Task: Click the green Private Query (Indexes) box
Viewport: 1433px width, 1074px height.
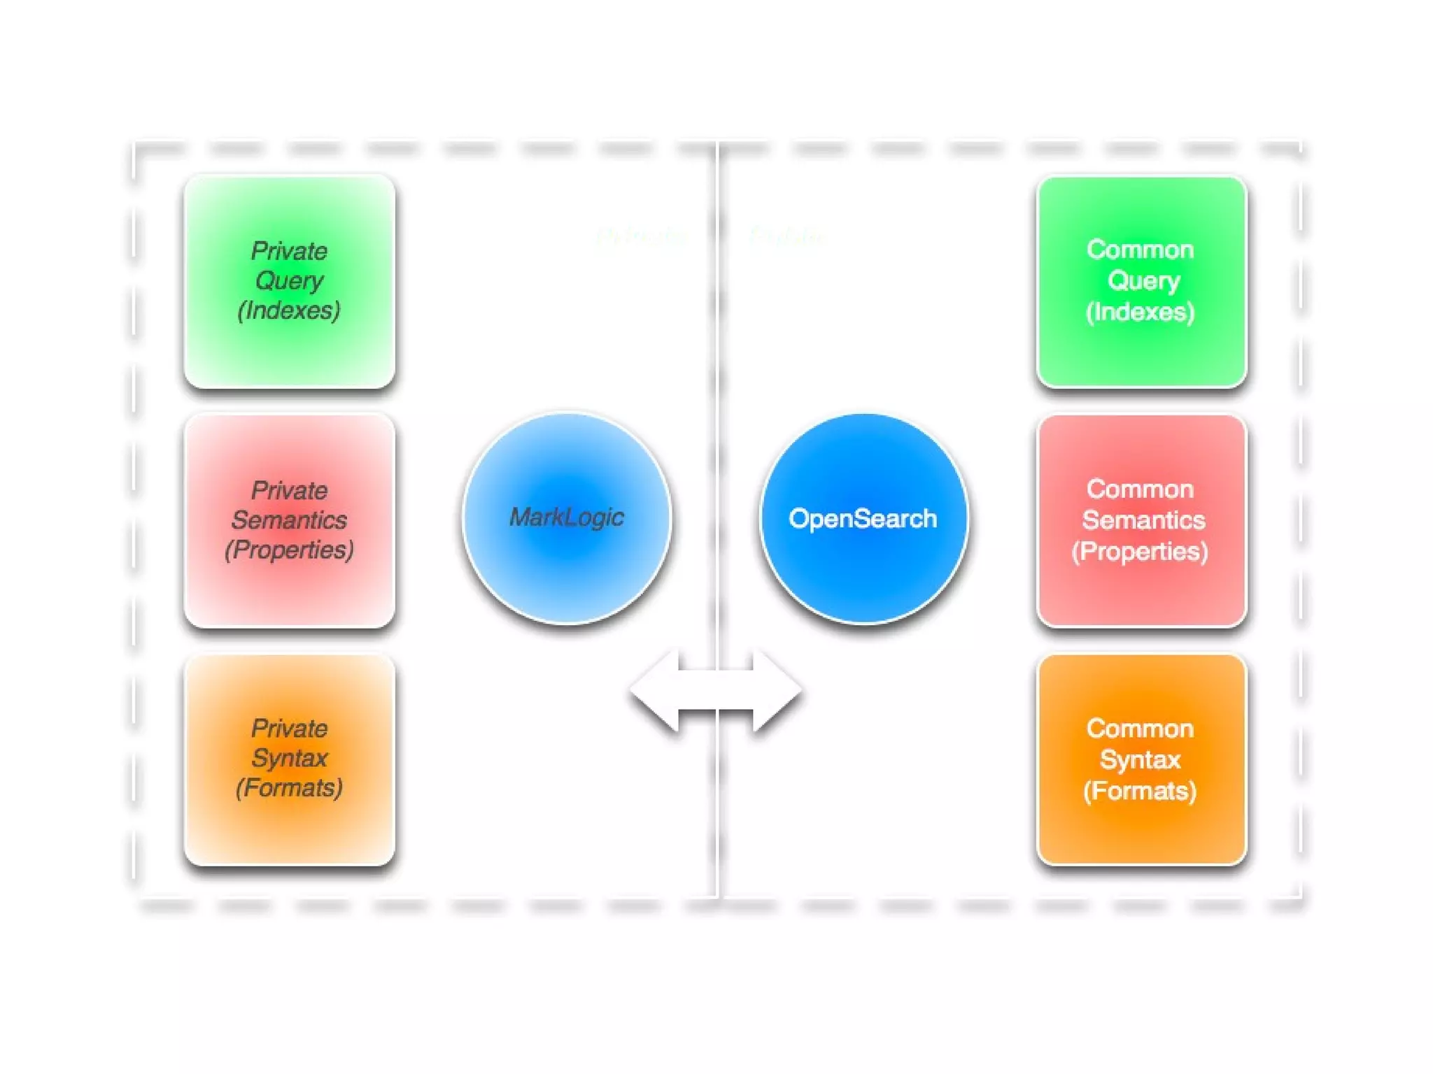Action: pos(289,281)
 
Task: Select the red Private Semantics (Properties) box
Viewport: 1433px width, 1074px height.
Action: pos(289,520)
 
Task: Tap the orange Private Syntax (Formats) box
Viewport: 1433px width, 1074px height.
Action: pos(289,759)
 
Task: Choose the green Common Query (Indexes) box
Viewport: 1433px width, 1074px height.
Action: pos(1141,281)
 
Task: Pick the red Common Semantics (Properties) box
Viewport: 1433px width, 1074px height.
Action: pos(1141,520)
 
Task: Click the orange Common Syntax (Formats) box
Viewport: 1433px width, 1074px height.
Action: pos(1141,759)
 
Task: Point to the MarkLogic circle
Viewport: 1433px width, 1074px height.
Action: pos(567,517)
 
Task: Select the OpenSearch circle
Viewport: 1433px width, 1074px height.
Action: pos(863,517)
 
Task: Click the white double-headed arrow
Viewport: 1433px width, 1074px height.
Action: pos(716,691)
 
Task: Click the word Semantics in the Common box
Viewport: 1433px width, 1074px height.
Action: pos(1143,520)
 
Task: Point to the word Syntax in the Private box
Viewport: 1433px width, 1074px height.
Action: pos(289,759)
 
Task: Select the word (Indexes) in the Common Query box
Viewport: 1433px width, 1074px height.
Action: pos(1140,312)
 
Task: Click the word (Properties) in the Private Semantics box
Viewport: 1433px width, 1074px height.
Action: pos(289,550)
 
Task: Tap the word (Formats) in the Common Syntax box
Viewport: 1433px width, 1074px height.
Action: pos(1140,791)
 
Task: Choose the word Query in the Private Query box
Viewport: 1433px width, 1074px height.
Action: pos(289,281)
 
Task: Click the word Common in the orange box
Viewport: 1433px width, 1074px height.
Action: pos(1140,729)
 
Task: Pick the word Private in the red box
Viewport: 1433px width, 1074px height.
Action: pos(289,490)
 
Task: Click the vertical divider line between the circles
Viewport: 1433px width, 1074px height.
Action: pos(717,392)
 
